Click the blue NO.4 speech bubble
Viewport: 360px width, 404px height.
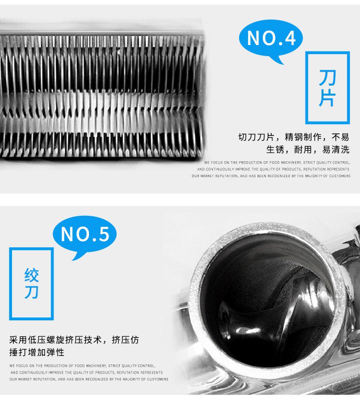pos(270,39)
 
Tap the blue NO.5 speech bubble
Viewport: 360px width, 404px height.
pos(84,235)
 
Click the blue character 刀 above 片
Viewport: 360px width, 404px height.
pos(327,78)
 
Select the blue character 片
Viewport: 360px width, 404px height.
pos(327,98)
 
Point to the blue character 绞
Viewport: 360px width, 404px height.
pos(31,275)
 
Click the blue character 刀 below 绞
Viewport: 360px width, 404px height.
pos(31,292)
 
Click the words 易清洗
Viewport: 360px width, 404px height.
pos(336,150)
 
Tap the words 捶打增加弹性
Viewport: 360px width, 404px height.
pos(37,352)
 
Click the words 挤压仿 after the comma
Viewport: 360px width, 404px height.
pos(125,340)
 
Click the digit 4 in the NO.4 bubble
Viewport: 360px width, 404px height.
pos(290,39)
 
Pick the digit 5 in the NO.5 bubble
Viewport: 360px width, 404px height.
pos(103,234)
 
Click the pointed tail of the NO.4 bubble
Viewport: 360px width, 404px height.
pos(282,64)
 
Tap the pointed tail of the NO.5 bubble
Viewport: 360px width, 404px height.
pos(73,259)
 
